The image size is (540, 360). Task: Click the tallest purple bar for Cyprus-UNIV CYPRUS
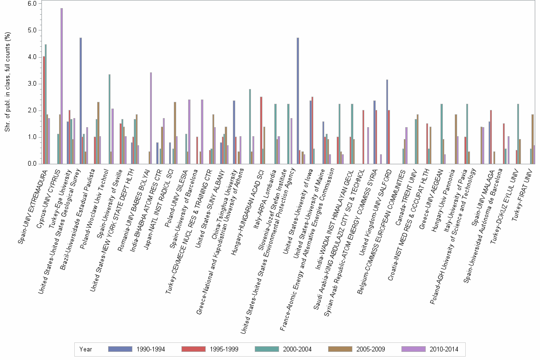tap(61, 86)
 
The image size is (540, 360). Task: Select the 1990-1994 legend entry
tap(138, 349)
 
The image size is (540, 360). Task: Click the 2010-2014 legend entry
tap(431, 349)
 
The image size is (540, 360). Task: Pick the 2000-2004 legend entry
tap(285, 349)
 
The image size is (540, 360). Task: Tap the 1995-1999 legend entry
tap(211, 349)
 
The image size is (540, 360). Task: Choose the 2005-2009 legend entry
tap(358, 349)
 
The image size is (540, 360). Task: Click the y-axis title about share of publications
tap(8, 84)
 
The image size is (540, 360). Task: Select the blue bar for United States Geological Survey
tap(81, 100)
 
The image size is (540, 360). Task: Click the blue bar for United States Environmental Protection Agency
tap(298, 100)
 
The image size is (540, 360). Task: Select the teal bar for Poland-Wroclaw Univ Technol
tap(110, 119)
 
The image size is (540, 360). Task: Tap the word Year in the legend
tap(86, 349)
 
